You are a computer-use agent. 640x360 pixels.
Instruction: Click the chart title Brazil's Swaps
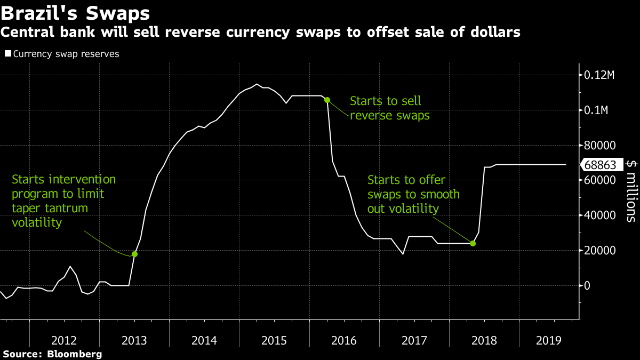(75, 11)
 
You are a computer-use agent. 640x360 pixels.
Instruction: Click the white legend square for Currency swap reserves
(7, 54)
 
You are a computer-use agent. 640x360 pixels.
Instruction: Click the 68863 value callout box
(604, 165)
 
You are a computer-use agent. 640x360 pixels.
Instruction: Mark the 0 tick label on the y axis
(587, 286)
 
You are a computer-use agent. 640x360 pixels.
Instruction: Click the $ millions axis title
(630, 190)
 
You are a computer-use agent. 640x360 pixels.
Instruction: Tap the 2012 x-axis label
(64, 340)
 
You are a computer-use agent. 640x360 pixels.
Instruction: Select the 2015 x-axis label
(274, 340)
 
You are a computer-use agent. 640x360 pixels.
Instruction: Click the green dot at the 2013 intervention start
(134, 254)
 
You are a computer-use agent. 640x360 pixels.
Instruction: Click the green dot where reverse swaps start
(327, 100)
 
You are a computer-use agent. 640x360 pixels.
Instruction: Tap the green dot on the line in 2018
(473, 243)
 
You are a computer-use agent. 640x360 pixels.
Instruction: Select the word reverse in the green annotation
(368, 115)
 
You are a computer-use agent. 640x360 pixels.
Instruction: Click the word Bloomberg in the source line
(75, 354)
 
